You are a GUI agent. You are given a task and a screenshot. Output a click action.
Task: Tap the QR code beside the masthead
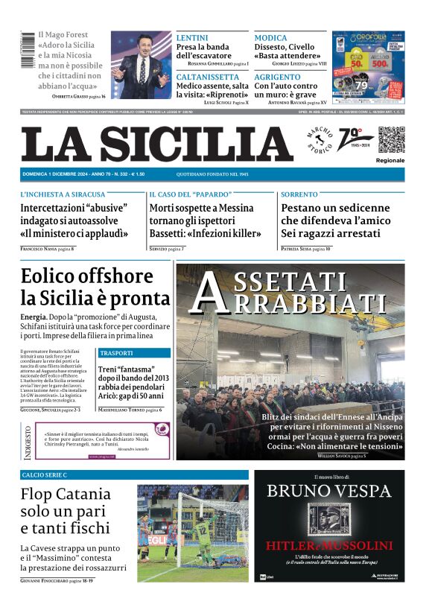pos(390,139)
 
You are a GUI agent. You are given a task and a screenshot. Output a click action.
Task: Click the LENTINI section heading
pos(192,37)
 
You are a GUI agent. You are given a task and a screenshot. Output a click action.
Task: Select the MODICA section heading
pos(270,37)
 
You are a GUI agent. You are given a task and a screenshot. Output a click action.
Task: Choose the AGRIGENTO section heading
pos(277,77)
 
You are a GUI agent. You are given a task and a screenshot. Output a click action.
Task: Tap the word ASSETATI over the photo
pos(294,282)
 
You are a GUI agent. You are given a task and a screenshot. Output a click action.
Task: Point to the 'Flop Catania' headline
pos(66,495)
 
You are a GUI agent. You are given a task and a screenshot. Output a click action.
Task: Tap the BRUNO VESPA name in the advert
pos(329,491)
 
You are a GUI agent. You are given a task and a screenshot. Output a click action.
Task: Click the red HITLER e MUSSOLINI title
pos(329,545)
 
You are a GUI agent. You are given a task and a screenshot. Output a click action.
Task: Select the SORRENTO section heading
pos(299,194)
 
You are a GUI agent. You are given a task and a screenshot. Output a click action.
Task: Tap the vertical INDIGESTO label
pos(28,441)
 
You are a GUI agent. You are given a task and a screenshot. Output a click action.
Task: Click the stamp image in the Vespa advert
pos(329,519)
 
